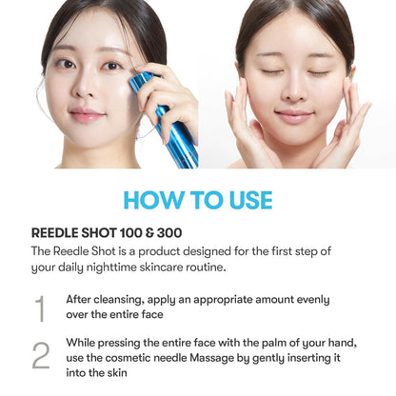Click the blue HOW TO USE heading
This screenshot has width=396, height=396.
pos(197,200)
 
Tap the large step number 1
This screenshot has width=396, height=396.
pos(40,308)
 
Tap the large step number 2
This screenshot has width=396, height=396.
pos(40,354)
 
